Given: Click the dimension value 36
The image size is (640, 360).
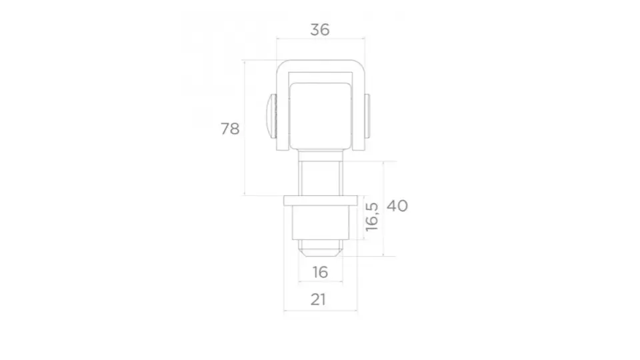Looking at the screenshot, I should pyautogui.click(x=320, y=29).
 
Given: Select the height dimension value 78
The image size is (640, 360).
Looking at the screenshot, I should pyautogui.click(x=230, y=129).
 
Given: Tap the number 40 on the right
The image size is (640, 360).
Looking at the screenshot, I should pyautogui.click(x=397, y=205).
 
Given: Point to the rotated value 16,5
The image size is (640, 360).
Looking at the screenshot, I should pyautogui.click(x=372, y=217).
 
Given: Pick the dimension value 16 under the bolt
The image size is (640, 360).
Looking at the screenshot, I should pyautogui.click(x=320, y=272).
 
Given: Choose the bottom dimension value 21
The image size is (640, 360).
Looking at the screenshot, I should pyautogui.click(x=319, y=299).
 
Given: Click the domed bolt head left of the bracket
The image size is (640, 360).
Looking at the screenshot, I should pyautogui.click(x=269, y=116).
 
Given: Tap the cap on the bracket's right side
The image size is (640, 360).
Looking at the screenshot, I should pyautogui.click(x=369, y=116).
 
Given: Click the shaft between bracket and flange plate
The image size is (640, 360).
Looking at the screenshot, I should pyautogui.click(x=321, y=176).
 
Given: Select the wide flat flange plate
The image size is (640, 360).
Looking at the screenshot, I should pyautogui.click(x=321, y=201).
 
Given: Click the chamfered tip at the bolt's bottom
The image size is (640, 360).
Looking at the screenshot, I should pyautogui.click(x=321, y=253).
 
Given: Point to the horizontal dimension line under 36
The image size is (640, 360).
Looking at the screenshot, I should pyautogui.click(x=320, y=39).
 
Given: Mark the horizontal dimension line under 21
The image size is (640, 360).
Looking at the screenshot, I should pyautogui.click(x=321, y=311).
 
